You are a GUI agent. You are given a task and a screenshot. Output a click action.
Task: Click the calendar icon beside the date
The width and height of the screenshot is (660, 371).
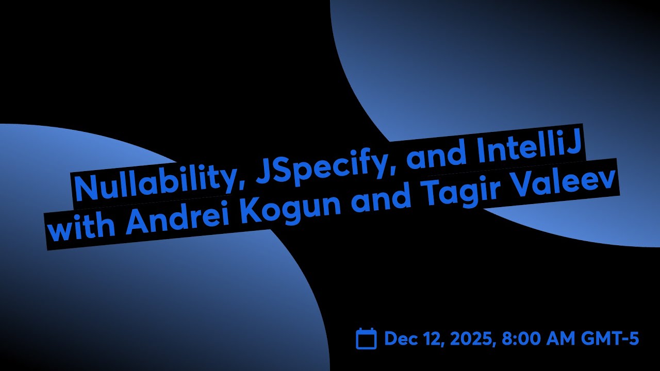(x=367, y=339)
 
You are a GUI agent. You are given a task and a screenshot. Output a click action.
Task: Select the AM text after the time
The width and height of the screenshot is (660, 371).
(x=563, y=339)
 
